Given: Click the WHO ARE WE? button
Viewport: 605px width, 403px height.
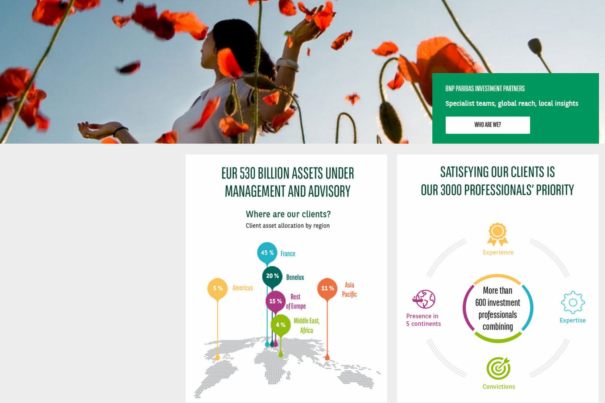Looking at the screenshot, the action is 488,125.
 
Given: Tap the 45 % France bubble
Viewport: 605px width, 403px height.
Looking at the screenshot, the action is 267,252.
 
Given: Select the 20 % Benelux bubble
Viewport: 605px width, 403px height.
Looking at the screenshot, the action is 272,276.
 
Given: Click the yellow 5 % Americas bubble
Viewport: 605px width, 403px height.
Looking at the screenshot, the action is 217,288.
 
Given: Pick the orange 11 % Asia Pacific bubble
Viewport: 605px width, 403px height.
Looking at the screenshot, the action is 328,288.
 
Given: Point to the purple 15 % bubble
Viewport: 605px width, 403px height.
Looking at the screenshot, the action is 275,301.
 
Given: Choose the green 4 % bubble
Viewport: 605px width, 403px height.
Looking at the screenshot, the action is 281,325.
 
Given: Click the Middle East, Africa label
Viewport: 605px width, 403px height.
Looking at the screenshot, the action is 307,326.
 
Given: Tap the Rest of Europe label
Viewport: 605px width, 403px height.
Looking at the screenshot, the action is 296,301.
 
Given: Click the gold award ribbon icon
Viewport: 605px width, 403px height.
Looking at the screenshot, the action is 497,234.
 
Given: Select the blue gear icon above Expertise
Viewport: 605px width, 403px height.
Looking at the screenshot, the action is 573,302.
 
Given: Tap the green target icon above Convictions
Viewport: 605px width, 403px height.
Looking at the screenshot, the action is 498,368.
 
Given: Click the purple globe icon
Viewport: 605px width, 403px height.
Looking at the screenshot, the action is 424,299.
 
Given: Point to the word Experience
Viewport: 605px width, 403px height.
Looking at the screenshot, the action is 498,252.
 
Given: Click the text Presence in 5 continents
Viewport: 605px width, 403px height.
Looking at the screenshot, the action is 423,320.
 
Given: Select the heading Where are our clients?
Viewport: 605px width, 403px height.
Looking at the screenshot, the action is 288,214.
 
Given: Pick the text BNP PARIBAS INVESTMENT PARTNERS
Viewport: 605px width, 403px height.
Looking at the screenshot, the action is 485,89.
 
